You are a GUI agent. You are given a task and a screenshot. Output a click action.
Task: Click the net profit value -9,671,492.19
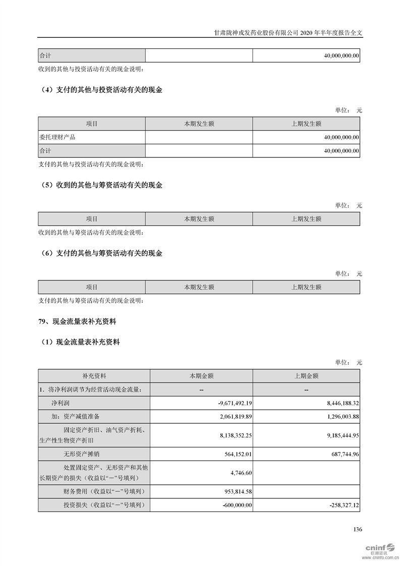click(232, 403)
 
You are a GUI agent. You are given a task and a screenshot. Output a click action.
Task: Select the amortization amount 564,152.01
click(237, 454)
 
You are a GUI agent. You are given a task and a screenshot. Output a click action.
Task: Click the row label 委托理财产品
click(57, 137)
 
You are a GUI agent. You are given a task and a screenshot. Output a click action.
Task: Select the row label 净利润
click(60, 403)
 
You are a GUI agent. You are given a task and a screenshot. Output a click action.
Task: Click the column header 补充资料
click(94, 376)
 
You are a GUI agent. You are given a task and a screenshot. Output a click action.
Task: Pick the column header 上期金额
click(306, 376)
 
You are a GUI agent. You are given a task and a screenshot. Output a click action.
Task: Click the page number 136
click(358, 530)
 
